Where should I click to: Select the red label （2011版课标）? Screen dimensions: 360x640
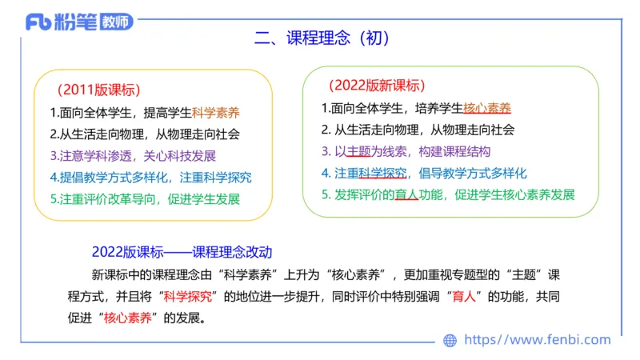tap(99, 90)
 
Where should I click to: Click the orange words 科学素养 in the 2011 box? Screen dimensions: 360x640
tap(216, 113)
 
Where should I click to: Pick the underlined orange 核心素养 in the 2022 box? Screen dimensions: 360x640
tap(487, 108)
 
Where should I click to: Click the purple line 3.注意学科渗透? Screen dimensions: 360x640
tap(133, 155)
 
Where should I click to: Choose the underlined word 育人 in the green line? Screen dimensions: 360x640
tap(407, 194)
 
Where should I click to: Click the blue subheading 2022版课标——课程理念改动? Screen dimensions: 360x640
tap(182, 251)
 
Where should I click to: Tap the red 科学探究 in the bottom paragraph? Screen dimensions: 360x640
tap(188, 296)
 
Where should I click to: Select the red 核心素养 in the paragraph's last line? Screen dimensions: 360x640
tap(127, 318)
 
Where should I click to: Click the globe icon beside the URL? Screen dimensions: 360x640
tap(450, 340)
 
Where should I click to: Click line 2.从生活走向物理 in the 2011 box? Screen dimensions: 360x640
tap(145, 134)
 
